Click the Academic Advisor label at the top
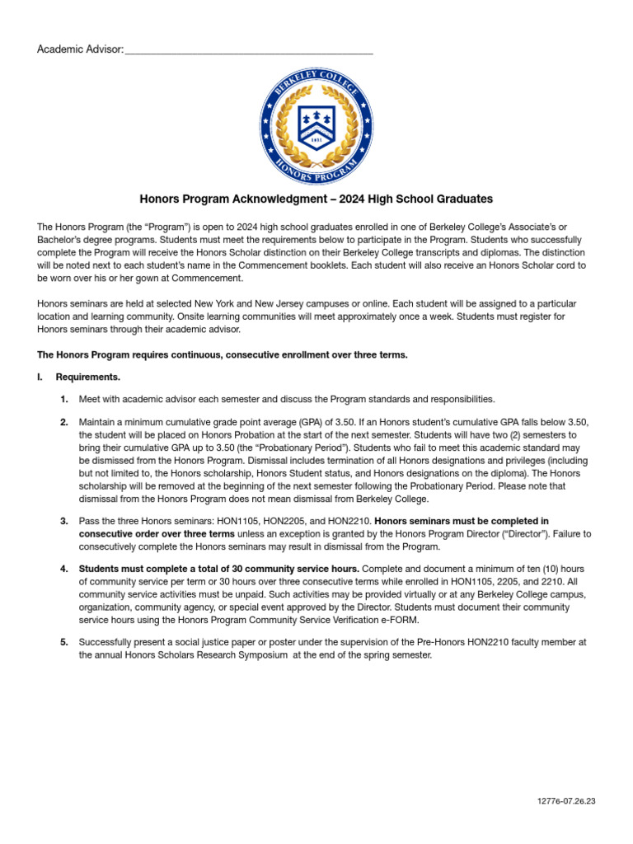click(80, 50)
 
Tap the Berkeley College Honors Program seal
click(316, 126)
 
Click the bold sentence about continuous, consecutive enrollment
click(223, 355)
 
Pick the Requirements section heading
click(87, 377)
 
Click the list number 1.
click(64, 400)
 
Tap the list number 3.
click(64, 522)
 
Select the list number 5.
click(64, 642)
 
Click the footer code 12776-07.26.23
click(565, 801)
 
